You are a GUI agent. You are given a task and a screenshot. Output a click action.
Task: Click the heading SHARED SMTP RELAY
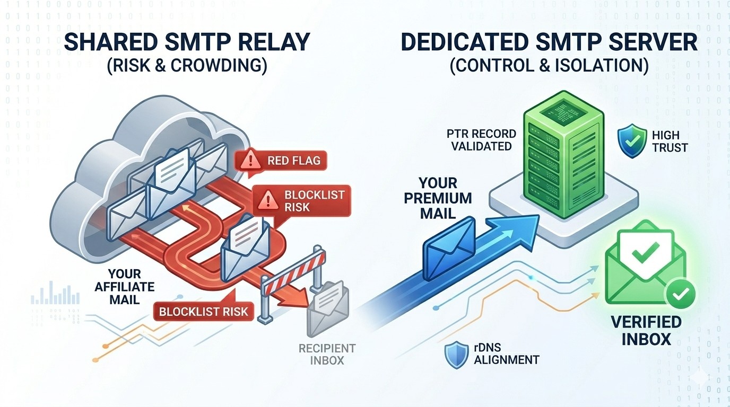tap(187, 42)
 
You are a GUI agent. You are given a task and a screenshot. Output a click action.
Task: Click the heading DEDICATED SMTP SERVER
tap(549, 42)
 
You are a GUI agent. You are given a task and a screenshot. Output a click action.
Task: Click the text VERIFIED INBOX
tap(645, 330)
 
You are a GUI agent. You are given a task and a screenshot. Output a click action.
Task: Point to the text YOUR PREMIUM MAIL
tap(438, 198)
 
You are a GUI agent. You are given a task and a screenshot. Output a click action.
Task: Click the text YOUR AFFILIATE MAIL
tap(124, 287)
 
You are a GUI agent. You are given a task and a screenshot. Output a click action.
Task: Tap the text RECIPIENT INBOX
tap(327, 354)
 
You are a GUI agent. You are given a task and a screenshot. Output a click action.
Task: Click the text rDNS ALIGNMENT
tap(506, 354)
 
